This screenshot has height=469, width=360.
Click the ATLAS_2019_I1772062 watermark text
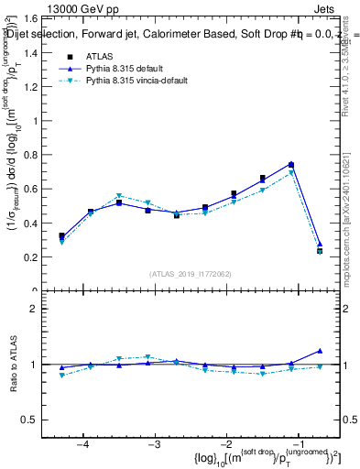[x=189, y=273]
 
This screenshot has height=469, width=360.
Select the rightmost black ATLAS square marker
[x=320, y=250]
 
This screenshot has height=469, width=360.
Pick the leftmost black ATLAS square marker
[x=62, y=236]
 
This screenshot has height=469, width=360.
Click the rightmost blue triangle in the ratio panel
[x=320, y=350]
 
